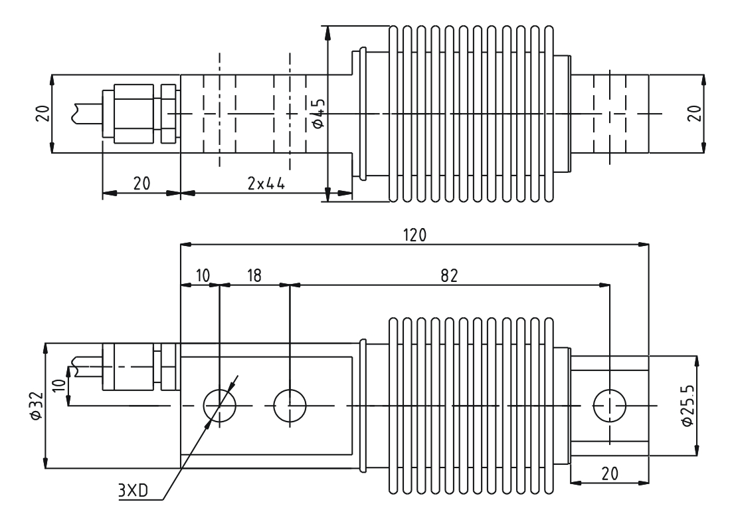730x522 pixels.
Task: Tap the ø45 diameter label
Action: (x=318, y=113)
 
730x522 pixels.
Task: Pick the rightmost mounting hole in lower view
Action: (x=609, y=406)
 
